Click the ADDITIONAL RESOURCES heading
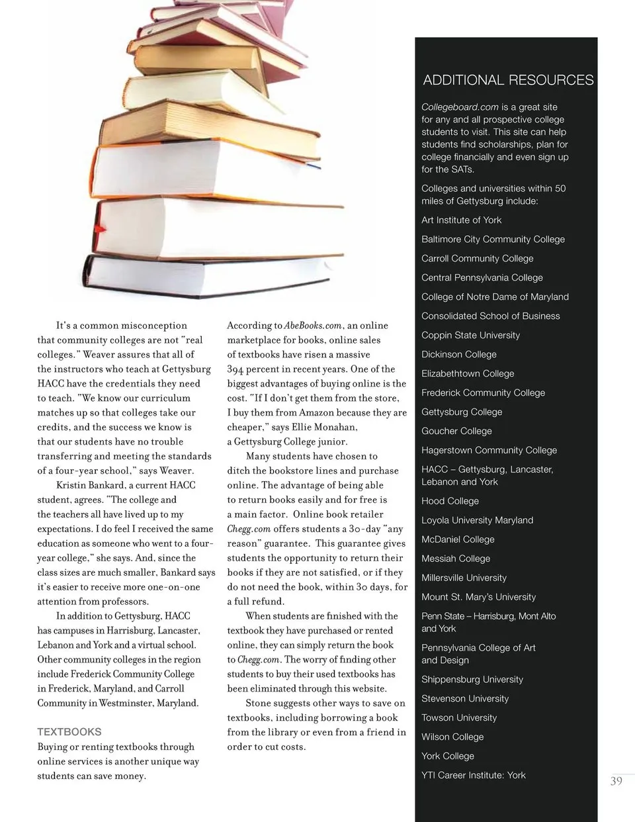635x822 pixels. coord(508,80)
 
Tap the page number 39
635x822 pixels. coord(616,781)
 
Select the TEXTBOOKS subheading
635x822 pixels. coord(69,732)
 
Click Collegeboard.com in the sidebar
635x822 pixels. coord(460,107)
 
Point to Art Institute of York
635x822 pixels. coord(461,220)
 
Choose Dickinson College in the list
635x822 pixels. coord(458,354)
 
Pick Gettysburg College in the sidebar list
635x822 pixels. coord(462,412)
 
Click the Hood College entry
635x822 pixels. coord(450,501)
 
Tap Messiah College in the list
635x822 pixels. coord(456,559)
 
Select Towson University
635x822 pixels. coord(459,717)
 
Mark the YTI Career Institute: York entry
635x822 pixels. coord(473,775)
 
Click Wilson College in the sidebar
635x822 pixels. coord(452,737)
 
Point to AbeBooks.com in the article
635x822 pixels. coord(313,326)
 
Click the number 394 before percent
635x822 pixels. coord(235,369)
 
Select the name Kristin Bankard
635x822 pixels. coord(91,485)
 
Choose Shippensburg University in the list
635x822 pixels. coord(472,679)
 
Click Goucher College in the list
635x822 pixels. coord(456,431)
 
